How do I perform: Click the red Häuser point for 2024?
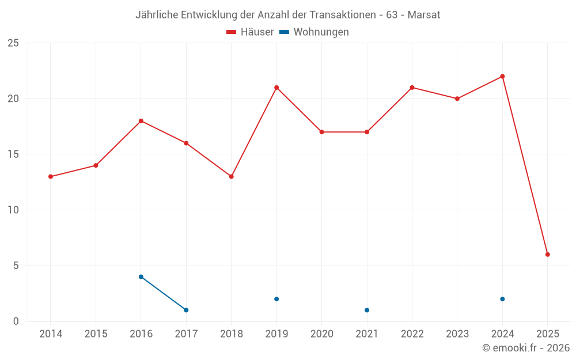(x=502, y=77)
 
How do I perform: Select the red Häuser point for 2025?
(x=548, y=255)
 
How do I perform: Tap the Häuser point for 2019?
(x=276, y=88)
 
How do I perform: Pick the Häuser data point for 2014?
(x=51, y=177)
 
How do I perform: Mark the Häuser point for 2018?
(x=232, y=177)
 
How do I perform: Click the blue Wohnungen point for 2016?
(x=141, y=277)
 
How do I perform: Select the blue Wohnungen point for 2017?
(x=186, y=310)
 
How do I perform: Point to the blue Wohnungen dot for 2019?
(x=276, y=299)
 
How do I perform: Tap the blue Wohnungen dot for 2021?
(x=367, y=310)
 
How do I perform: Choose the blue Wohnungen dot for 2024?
(x=502, y=299)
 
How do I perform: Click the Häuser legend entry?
(x=250, y=32)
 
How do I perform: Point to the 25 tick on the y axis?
(x=13, y=43)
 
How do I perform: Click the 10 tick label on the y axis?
(x=13, y=210)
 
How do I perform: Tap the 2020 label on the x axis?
(x=322, y=334)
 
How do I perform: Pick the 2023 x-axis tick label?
(x=457, y=334)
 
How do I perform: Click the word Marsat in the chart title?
(x=424, y=15)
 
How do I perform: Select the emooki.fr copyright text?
(x=526, y=348)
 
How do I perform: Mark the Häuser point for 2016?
(x=141, y=121)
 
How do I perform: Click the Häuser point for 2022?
(x=412, y=88)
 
